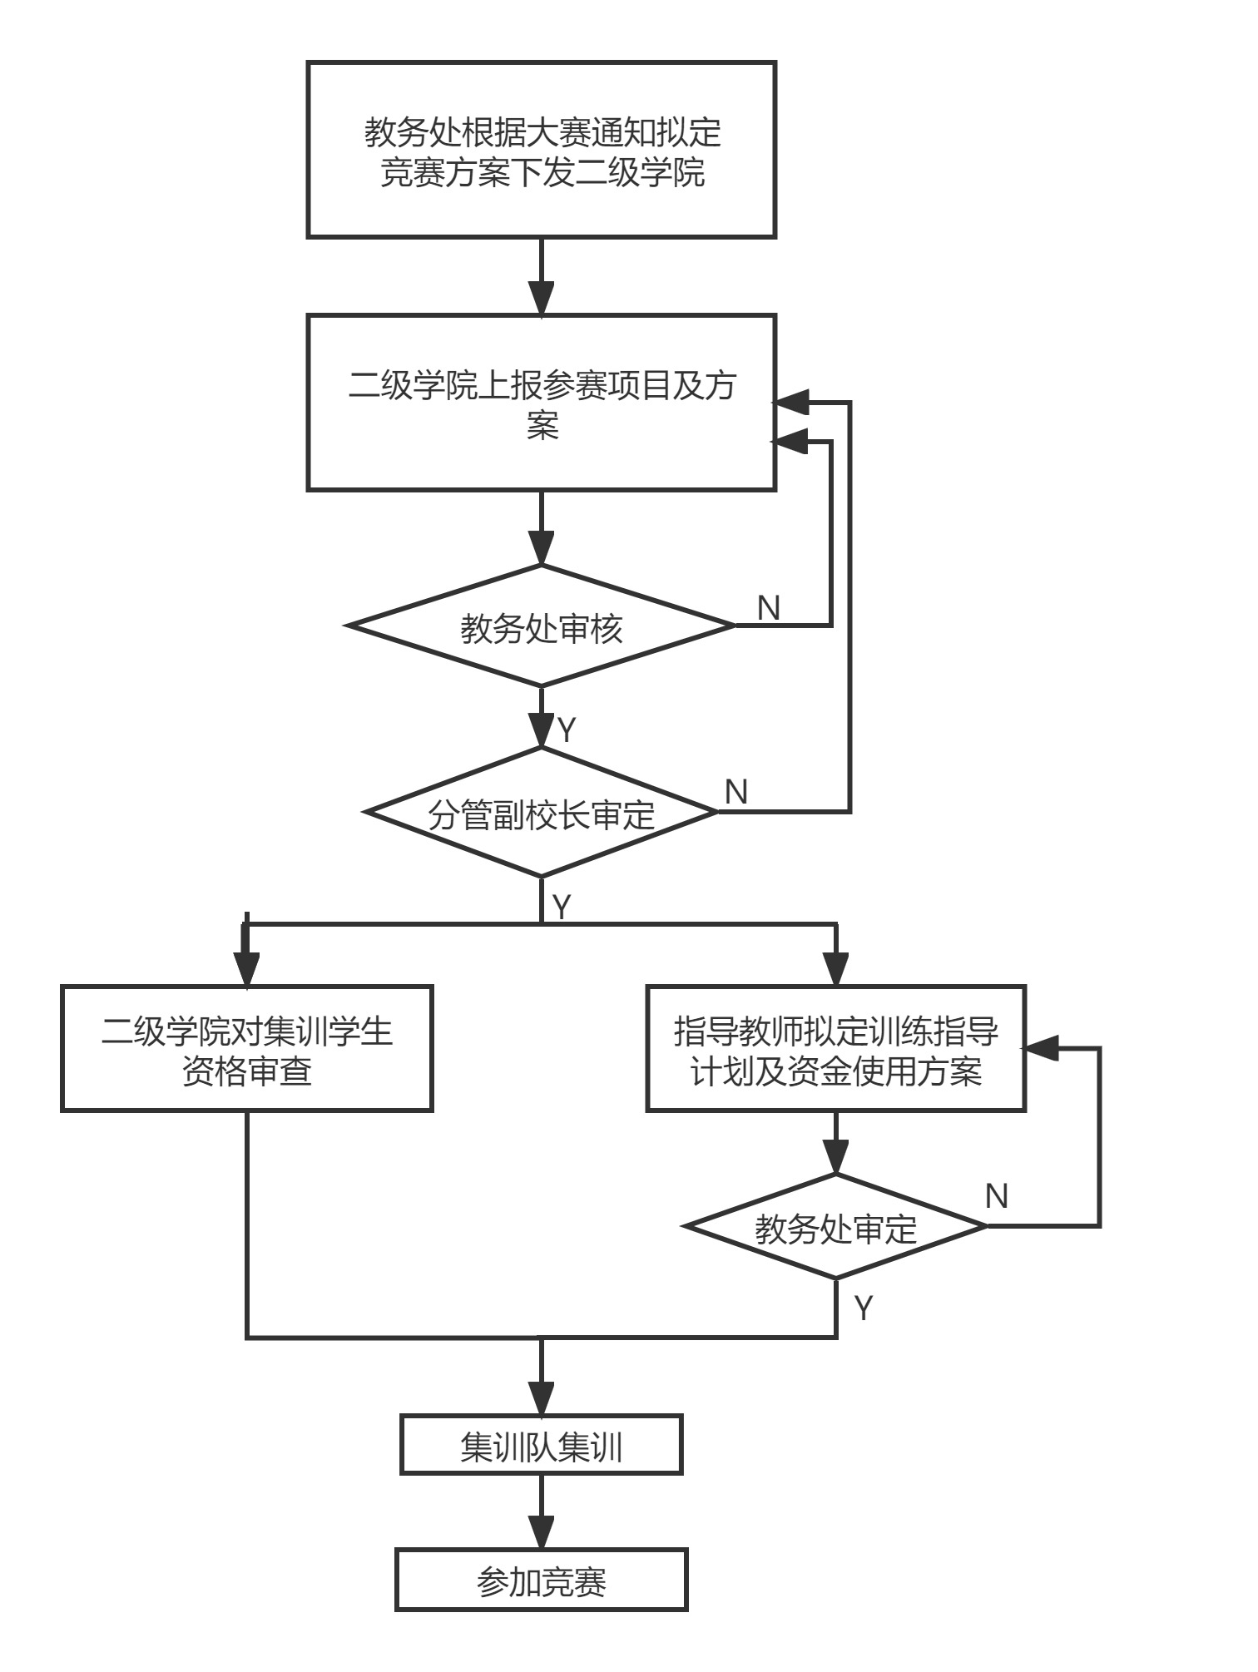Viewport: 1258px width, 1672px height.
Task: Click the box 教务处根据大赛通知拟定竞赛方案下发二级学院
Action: coord(542,151)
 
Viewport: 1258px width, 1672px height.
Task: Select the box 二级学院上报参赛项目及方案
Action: coord(542,403)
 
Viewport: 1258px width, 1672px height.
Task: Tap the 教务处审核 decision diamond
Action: coord(542,626)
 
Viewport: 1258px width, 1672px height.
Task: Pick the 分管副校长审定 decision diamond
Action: coord(542,813)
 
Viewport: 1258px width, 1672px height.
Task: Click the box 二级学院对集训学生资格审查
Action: coord(247,1049)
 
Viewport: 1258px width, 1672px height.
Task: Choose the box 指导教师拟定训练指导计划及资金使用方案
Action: coord(835,1049)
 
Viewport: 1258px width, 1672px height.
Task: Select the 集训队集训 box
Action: coord(542,1445)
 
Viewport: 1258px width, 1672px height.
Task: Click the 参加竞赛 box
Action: coord(542,1580)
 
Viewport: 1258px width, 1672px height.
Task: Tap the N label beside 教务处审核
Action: coord(769,608)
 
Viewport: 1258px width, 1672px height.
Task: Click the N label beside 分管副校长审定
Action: coord(736,792)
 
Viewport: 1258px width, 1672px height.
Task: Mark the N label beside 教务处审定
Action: coord(996,1196)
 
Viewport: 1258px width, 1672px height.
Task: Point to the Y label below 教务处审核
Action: coord(567,730)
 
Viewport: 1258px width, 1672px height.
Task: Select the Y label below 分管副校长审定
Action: coord(562,906)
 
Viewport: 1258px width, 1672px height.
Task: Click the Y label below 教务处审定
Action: coord(864,1308)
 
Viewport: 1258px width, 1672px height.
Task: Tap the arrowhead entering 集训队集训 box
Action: coord(542,1397)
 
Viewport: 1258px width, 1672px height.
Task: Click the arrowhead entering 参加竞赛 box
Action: coord(542,1532)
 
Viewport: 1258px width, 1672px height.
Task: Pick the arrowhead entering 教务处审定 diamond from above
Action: coord(835,1157)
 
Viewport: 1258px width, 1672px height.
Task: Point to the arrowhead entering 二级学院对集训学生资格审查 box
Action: coord(247,968)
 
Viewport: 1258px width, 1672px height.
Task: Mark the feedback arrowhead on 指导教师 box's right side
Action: coord(1041,1049)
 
